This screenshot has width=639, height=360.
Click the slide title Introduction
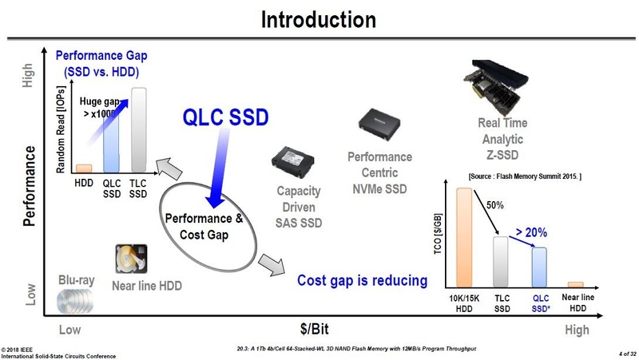pos(318,19)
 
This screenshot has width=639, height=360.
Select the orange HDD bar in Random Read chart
pos(84,168)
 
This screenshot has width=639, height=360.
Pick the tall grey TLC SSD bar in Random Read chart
pos(138,130)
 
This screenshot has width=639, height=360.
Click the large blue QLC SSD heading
pos(225,117)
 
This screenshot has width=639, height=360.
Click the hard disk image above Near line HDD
pos(131,259)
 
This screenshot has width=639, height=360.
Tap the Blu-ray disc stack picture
pos(75,301)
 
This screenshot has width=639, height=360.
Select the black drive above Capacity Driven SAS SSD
pos(292,161)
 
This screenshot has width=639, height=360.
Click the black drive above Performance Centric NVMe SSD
pos(379,125)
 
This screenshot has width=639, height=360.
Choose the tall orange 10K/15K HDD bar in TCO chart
pos(464,237)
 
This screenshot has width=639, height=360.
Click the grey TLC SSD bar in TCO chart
pos(501,262)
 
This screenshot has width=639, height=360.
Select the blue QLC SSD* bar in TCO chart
pos(539,267)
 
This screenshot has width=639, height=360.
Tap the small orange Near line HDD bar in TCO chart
pos(575,285)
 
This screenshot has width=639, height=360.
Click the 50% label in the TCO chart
pos(494,205)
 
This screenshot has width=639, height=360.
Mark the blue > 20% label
pos(531,232)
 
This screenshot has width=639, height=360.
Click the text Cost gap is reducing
pos(363,281)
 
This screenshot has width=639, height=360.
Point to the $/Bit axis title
pos(314,329)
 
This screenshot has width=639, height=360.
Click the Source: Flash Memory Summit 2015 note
pos(525,176)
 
